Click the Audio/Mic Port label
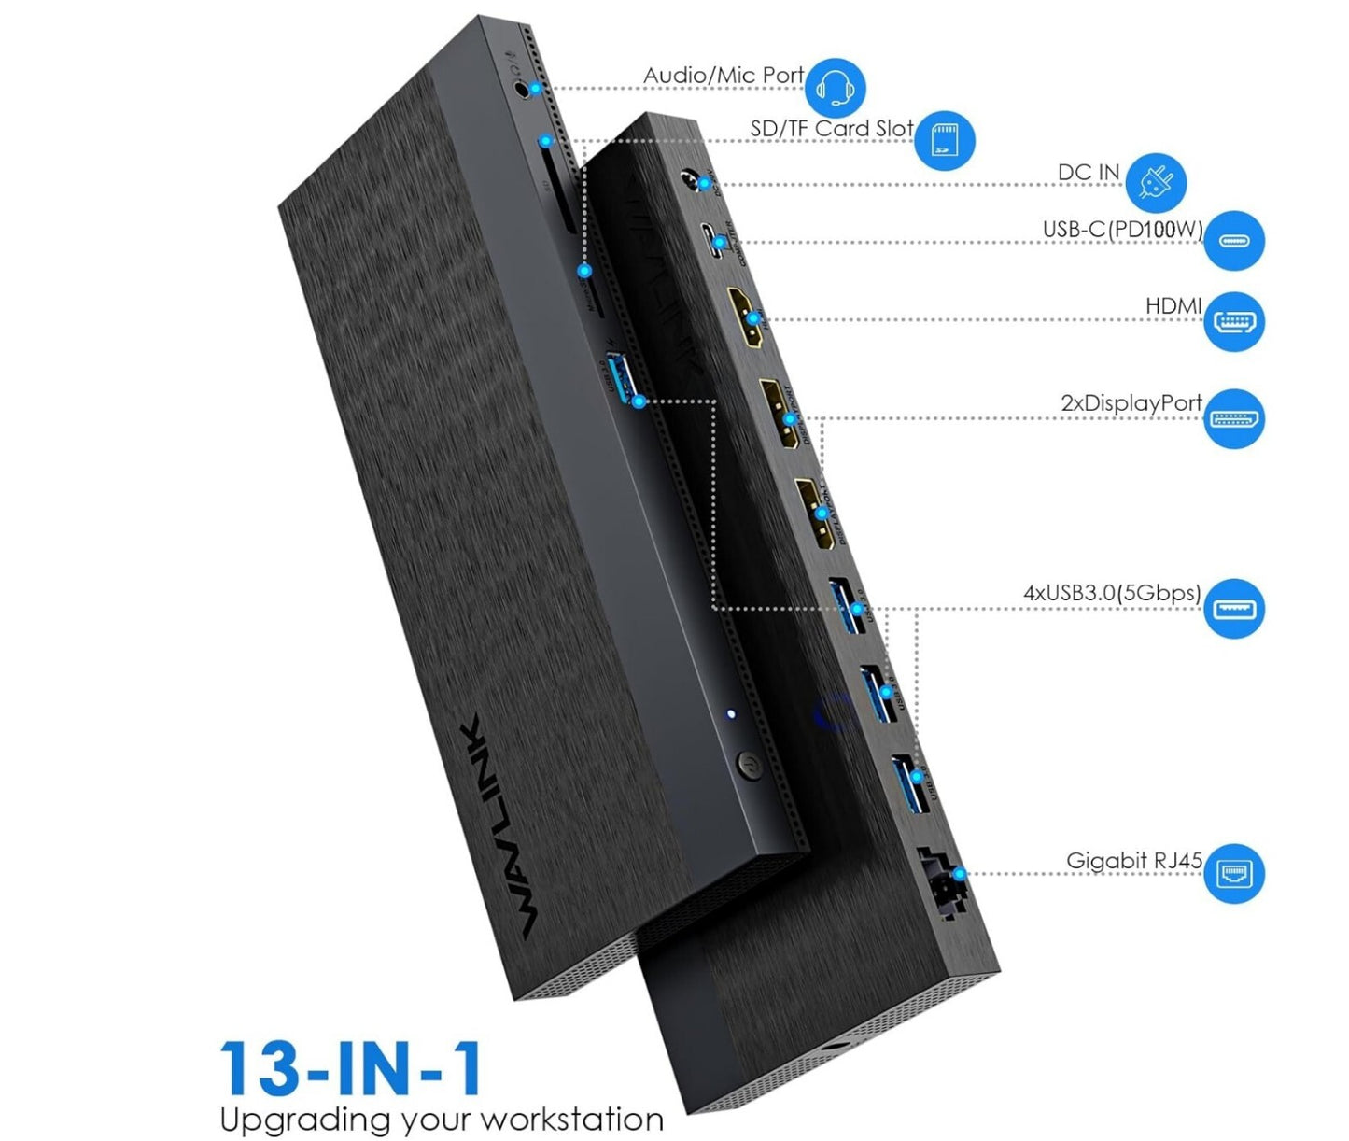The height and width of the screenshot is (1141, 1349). (x=724, y=76)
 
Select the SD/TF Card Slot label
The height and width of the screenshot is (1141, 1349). (x=831, y=129)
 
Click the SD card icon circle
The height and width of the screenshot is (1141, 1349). (x=945, y=141)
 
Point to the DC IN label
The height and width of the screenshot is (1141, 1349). (x=1088, y=173)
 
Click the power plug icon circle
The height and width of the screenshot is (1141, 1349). (x=1156, y=182)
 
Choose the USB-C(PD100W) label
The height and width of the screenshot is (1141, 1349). (x=1122, y=230)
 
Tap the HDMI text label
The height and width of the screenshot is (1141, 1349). (x=1173, y=306)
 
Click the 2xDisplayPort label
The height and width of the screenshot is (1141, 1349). (x=1131, y=403)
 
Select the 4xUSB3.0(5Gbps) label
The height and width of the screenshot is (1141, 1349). (x=1112, y=593)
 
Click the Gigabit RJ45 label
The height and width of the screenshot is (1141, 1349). (x=1134, y=861)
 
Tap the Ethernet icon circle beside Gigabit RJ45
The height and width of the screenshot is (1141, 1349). (x=1234, y=874)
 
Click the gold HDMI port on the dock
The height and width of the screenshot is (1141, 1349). (x=747, y=317)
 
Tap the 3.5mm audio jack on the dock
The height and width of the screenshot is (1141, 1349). (x=523, y=88)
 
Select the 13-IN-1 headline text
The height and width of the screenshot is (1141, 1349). (x=351, y=1068)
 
